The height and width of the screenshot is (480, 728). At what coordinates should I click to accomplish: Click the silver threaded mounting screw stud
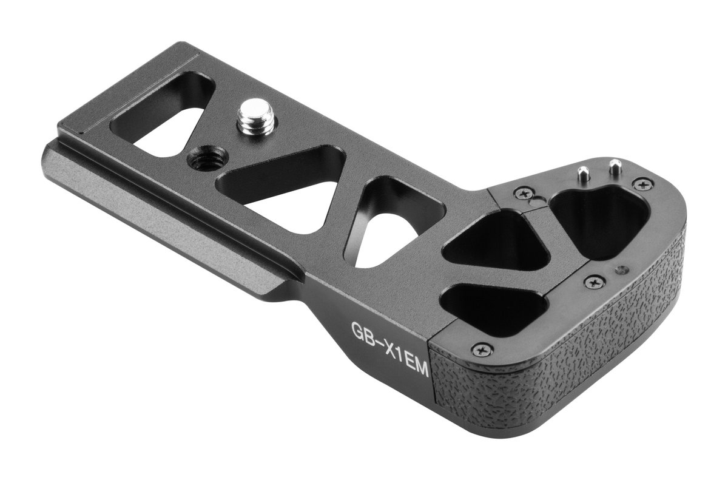256,117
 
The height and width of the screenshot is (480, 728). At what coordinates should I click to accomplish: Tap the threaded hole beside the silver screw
207,158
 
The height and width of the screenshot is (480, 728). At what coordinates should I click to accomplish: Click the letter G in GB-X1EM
359,332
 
